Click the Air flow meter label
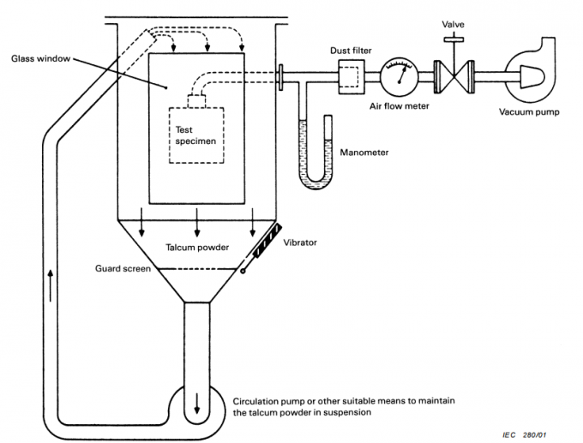(x=399, y=109)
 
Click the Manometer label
(x=365, y=153)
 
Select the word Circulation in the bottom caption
(x=256, y=399)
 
